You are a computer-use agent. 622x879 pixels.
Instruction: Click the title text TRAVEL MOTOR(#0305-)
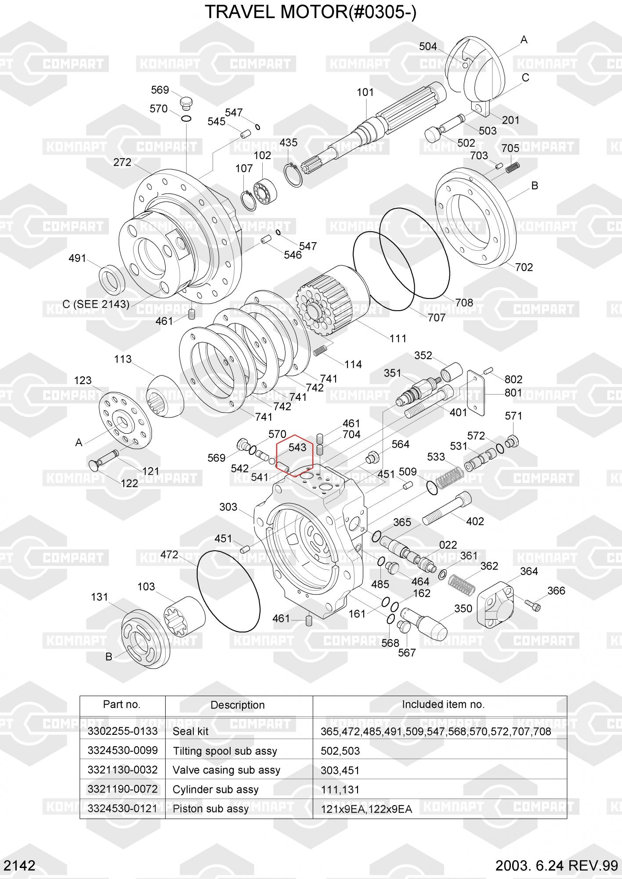pyautogui.click(x=311, y=12)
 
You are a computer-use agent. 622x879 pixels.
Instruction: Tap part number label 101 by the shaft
pyautogui.click(x=365, y=92)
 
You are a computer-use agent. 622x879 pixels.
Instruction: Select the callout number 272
pyautogui.click(x=122, y=162)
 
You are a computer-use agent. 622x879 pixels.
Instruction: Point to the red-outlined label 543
pyautogui.click(x=297, y=447)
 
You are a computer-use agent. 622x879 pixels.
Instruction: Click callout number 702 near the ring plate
pyautogui.click(x=524, y=267)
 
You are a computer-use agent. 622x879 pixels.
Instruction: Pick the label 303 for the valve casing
pyautogui.click(x=228, y=507)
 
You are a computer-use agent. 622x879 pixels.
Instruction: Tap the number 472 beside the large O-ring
pyautogui.click(x=169, y=555)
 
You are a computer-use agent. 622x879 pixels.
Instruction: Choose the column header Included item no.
pyautogui.click(x=443, y=705)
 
